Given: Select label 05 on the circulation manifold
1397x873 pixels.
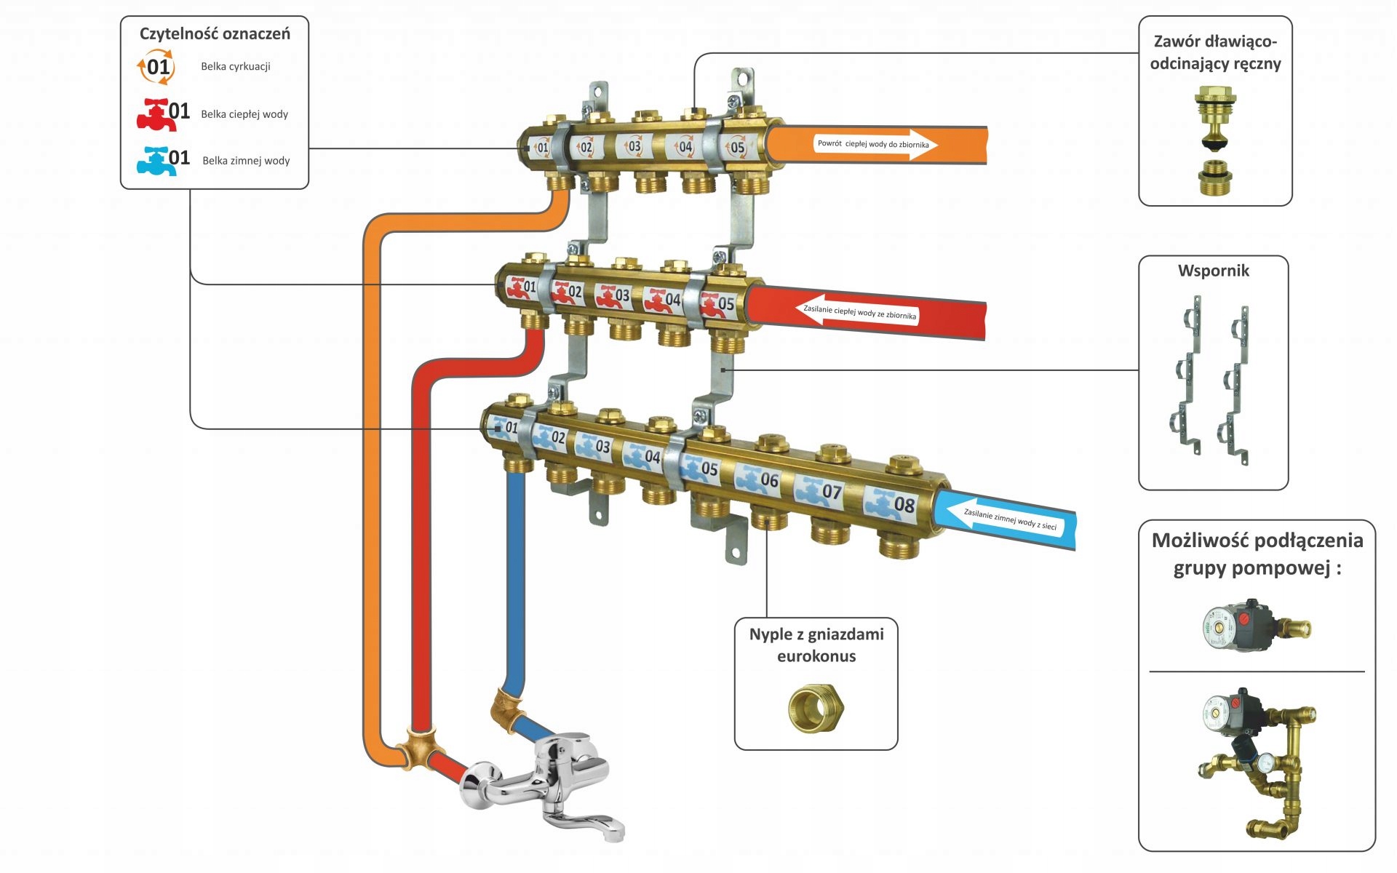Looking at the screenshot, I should (736, 147).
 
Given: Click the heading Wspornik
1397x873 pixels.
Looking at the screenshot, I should (1213, 271).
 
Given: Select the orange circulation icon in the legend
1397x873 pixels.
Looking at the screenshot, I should (156, 67).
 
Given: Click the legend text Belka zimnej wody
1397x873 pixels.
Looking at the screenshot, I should (246, 161).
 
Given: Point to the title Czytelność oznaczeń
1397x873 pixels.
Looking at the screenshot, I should (215, 33).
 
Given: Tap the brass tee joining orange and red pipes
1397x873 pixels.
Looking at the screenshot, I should (418, 749).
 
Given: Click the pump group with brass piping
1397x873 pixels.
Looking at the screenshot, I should (1257, 760).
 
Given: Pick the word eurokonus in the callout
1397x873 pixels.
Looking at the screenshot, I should (816, 656).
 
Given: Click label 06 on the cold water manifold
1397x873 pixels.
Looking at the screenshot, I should (760, 479).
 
